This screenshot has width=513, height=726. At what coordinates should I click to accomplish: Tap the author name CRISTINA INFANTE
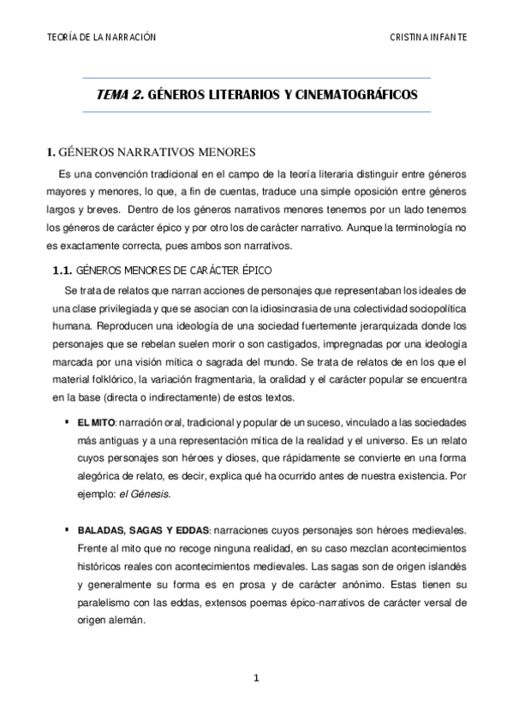(427, 38)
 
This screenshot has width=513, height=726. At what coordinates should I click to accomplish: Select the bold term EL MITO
(96, 423)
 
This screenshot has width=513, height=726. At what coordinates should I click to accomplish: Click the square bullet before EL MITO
(66, 422)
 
